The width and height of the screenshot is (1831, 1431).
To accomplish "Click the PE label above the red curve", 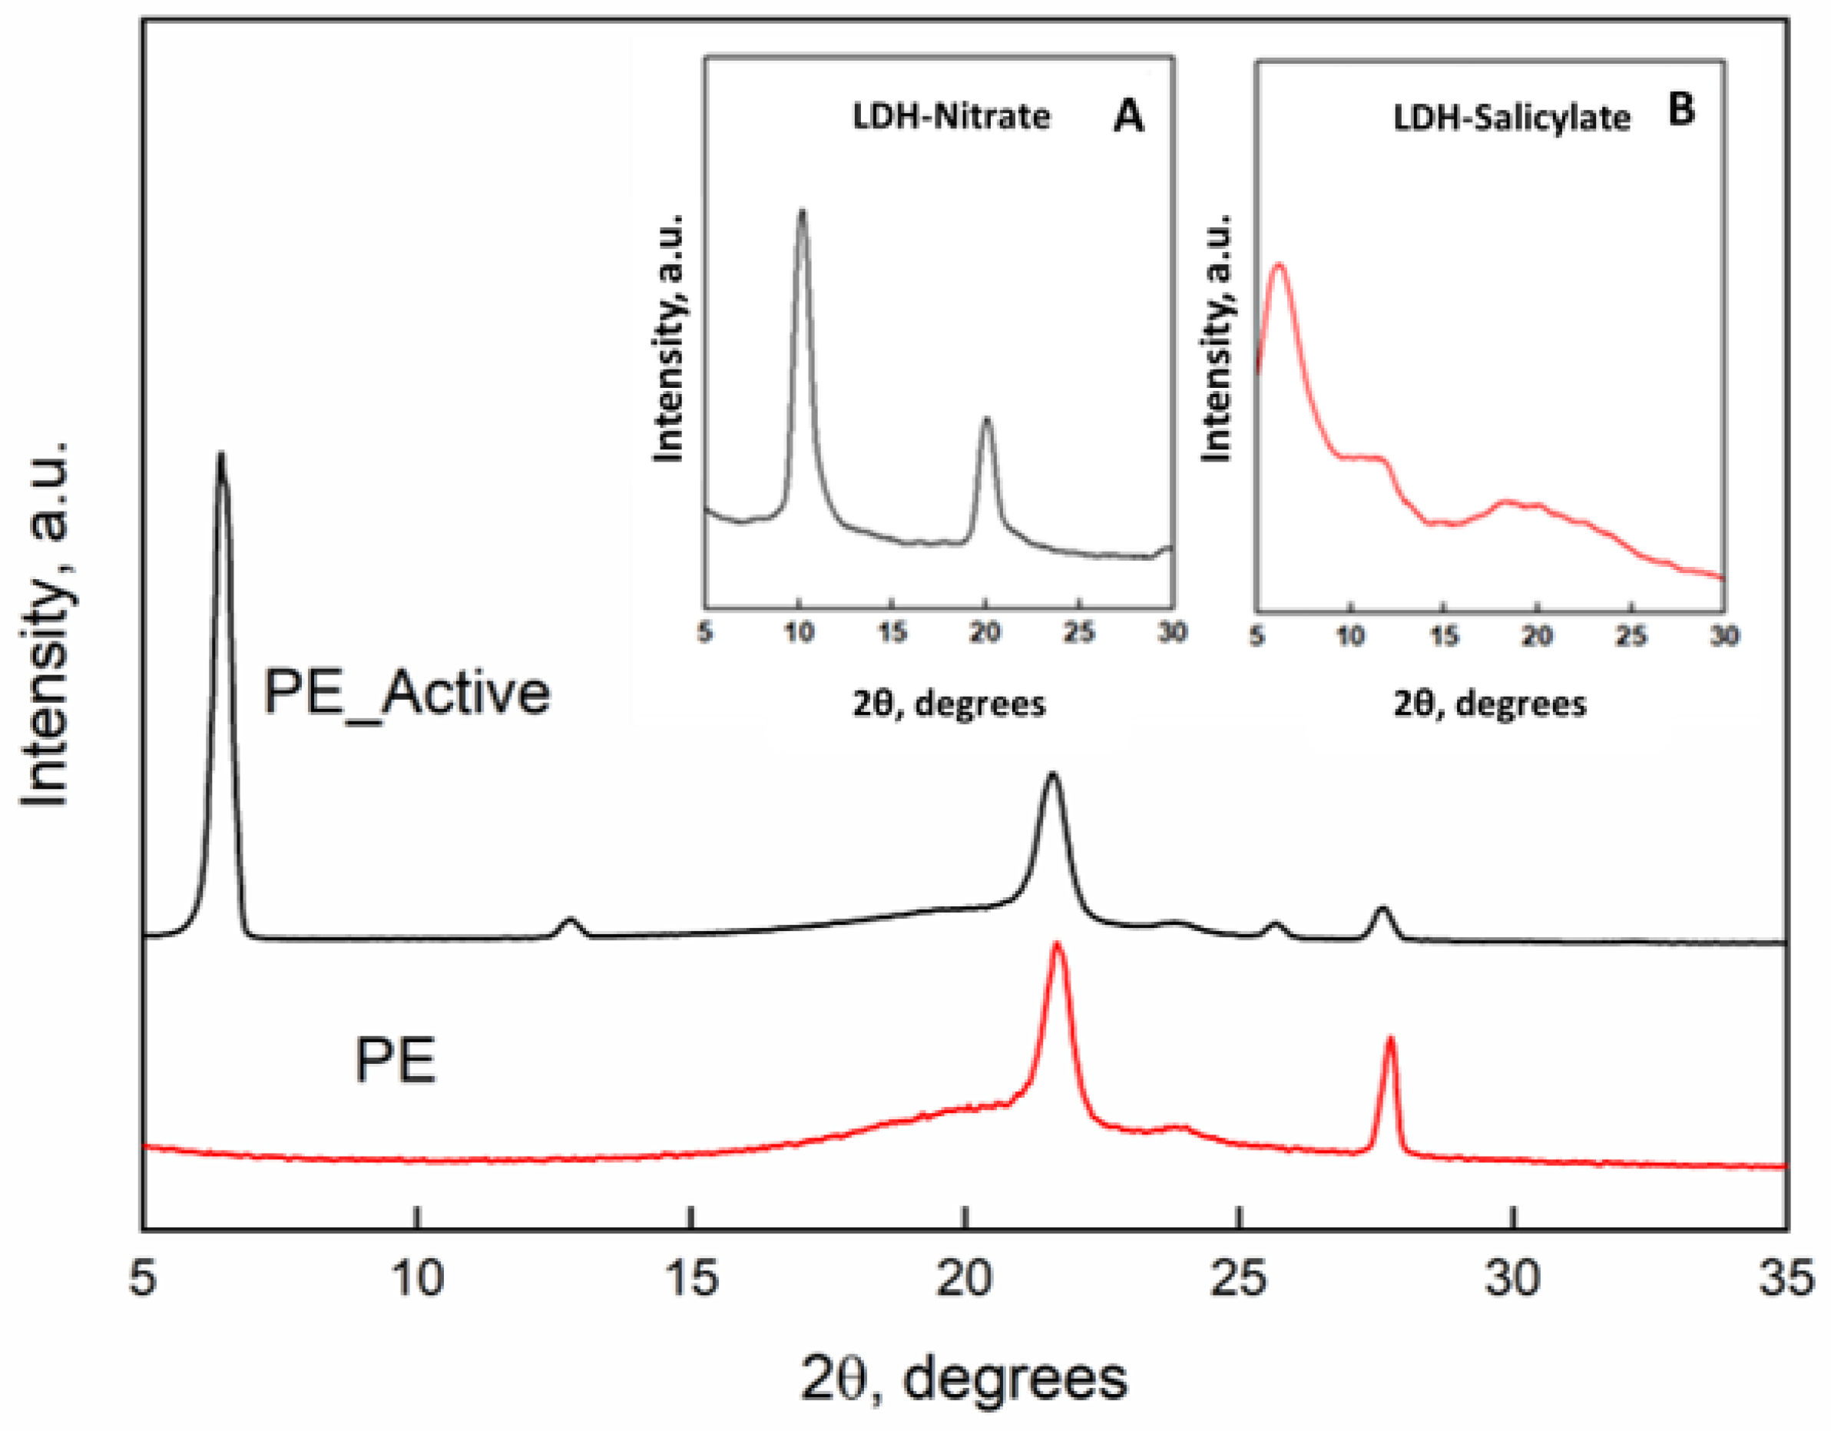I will (395, 1062).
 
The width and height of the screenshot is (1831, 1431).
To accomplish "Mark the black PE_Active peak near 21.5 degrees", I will (1053, 776).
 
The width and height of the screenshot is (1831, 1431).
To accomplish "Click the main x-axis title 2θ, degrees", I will (964, 1379).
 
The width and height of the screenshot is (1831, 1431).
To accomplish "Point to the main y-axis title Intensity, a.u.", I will (46, 624).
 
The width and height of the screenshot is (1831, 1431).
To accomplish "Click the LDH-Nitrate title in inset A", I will (951, 116).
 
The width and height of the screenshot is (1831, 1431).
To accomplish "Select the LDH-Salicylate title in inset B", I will (1511, 118).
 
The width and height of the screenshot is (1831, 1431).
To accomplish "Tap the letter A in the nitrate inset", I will (1128, 116).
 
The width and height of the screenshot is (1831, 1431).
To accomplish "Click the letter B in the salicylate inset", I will (1681, 109).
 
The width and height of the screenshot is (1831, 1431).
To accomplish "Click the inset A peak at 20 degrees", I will (987, 421).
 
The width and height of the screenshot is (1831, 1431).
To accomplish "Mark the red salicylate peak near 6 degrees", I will (1279, 267).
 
